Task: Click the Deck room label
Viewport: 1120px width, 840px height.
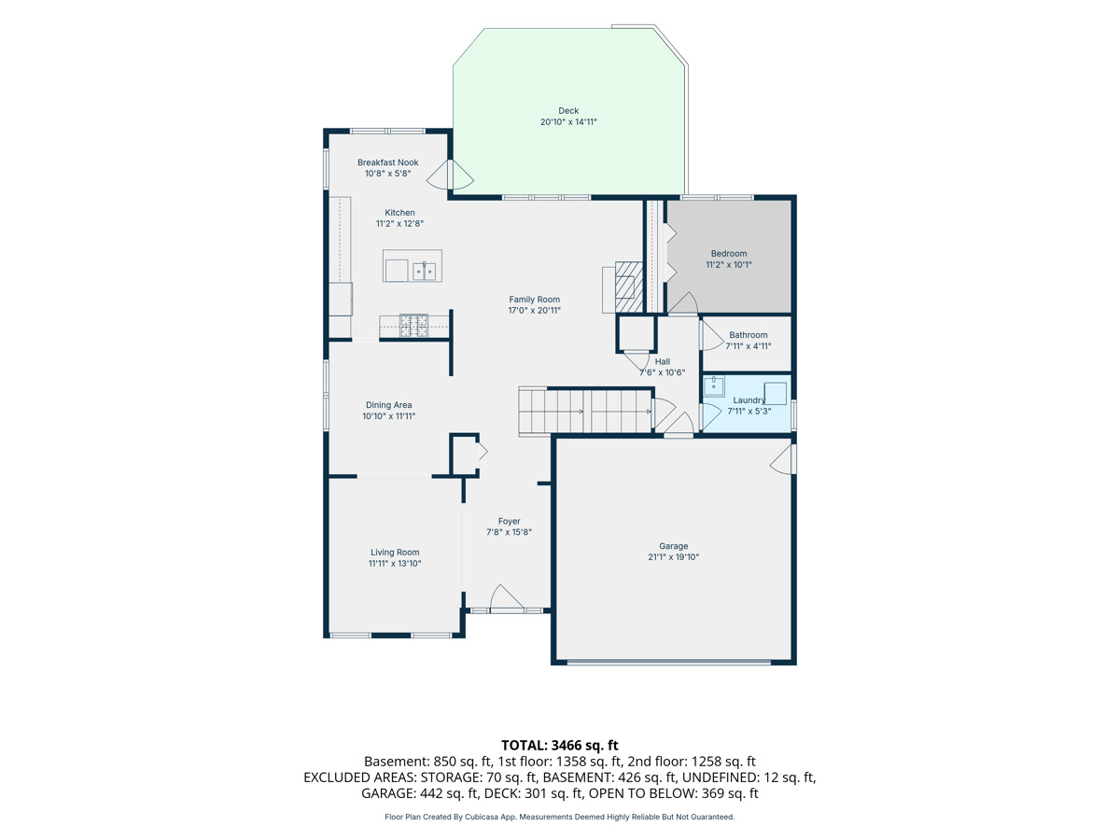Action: (567, 111)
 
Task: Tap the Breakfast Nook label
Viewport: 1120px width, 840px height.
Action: (387, 162)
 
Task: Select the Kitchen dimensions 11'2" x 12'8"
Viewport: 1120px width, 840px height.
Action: (399, 223)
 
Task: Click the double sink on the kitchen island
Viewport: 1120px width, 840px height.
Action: (425, 272)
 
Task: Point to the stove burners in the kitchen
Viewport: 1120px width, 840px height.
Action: (413, 326)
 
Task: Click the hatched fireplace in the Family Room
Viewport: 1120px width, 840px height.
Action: (629, 287)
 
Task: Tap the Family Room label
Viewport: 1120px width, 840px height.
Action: (534, 300)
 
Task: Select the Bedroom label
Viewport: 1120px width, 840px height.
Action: (729, 254)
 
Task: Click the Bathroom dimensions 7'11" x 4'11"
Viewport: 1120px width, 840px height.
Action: (748, 345)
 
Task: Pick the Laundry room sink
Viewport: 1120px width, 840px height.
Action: (714, 386)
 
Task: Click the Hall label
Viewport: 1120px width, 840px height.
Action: (663, 361)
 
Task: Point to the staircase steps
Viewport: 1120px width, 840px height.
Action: (585, 411)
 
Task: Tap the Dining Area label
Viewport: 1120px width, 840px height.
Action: (389, 405)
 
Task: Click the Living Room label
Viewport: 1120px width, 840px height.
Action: (395, 553)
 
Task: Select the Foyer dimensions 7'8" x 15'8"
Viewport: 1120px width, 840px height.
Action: (509, 532)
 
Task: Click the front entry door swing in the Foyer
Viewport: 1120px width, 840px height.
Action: (506, 596)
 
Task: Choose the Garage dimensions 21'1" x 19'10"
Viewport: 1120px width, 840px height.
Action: (674, 557)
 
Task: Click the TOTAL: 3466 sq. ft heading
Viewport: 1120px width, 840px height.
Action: (560, 745)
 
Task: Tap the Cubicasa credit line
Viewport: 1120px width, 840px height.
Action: (560, 817)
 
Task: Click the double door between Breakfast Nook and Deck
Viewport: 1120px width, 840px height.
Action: (450, 175)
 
